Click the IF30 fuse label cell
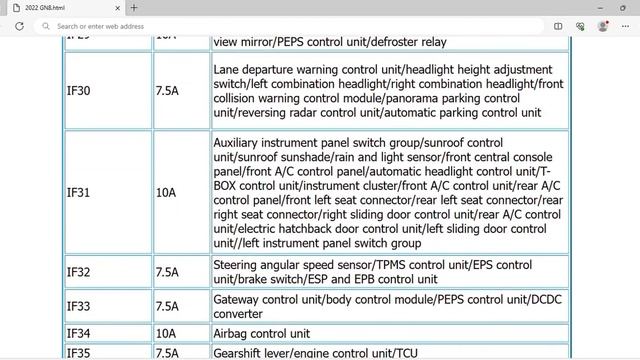click(x=78, y=91)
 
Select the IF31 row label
click(x=78, y=193)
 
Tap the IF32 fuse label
click(x=78, y=272)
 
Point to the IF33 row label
click(x=78, y=306)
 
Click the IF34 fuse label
click(x=78, y=333)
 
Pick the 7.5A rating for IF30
click(x=167, y=91)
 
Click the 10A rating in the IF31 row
click(x=165, y=193)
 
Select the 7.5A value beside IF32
click(x=167, y=272)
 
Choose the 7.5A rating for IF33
click(x=167, y=306)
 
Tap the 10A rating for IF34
click(x=165, y=333)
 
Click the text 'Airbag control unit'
click(x=261, y=333)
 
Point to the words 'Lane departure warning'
click(x=276, y=69)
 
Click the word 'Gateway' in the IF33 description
click(x=237, y=299)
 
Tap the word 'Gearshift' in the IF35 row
click(x=241, y=352)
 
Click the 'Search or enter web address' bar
click(x=200, y=26)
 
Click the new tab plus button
click(x=134, y=7)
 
